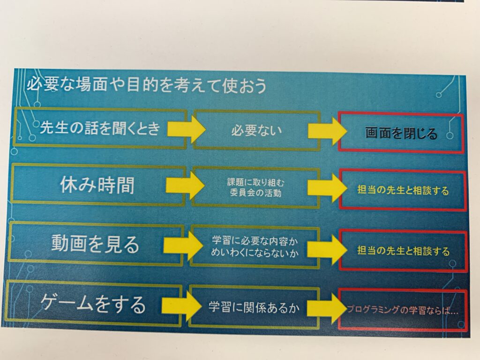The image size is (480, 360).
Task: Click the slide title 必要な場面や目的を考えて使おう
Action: [x=147, y=85]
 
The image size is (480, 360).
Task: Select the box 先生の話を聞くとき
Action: [x=100, y=128]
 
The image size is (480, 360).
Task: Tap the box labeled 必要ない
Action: [x=256, y=131]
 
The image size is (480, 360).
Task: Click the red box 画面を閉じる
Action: [x=401, y=133]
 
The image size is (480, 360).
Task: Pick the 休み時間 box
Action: [x=98, y=185]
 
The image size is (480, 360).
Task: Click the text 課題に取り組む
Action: [x=255, y=182]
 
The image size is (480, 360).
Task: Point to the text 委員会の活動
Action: [x=255, y=193]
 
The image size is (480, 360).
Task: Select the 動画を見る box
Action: [x=96, y=244]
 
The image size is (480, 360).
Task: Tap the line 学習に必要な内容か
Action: [x=255, y=241]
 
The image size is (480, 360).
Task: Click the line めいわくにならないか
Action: [x=255, y=253]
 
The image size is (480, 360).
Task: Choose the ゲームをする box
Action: [x=94, y=303]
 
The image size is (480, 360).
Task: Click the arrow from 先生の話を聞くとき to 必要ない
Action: [x=186, y=129]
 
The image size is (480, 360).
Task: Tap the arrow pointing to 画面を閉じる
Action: [x=327, y=131]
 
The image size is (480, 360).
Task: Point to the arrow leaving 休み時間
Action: [x=185, y=185]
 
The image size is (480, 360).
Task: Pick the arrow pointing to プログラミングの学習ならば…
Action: [x=326, y=308]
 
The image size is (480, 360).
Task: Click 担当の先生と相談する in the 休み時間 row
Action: [x=403, y=190]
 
